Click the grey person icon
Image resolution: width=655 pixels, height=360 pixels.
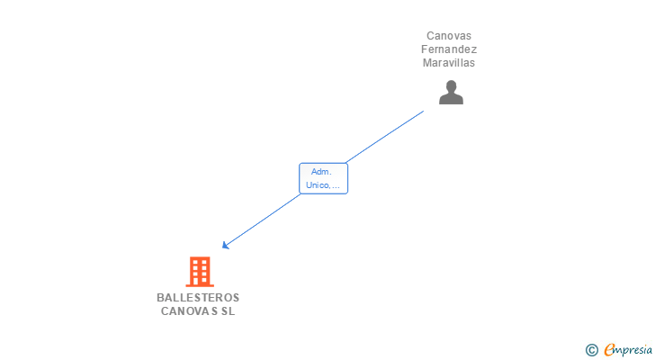(451, 93)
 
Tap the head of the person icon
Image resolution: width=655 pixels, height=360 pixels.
(451, 86)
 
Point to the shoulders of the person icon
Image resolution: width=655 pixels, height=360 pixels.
(451, 99)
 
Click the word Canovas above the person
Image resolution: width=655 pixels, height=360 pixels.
(449, 36)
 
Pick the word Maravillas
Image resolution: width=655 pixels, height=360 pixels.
(449, 63)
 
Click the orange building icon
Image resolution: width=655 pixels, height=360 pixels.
(199, 271)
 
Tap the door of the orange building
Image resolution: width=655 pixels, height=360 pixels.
(199, 281)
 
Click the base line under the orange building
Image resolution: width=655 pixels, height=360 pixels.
(199, 285)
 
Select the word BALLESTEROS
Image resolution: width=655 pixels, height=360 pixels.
(198, 298)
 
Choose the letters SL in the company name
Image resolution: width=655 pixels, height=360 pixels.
(229, 311)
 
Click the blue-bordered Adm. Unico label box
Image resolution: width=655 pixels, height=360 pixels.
(323, 178)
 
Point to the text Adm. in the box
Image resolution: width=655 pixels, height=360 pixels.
(321, 171)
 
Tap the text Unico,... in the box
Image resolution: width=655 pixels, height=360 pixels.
(323, 185)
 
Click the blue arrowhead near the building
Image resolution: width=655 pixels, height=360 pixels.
(226, 245)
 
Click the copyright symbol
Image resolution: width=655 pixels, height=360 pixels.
(591, 350)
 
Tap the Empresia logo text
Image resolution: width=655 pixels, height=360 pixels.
(629, 350)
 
